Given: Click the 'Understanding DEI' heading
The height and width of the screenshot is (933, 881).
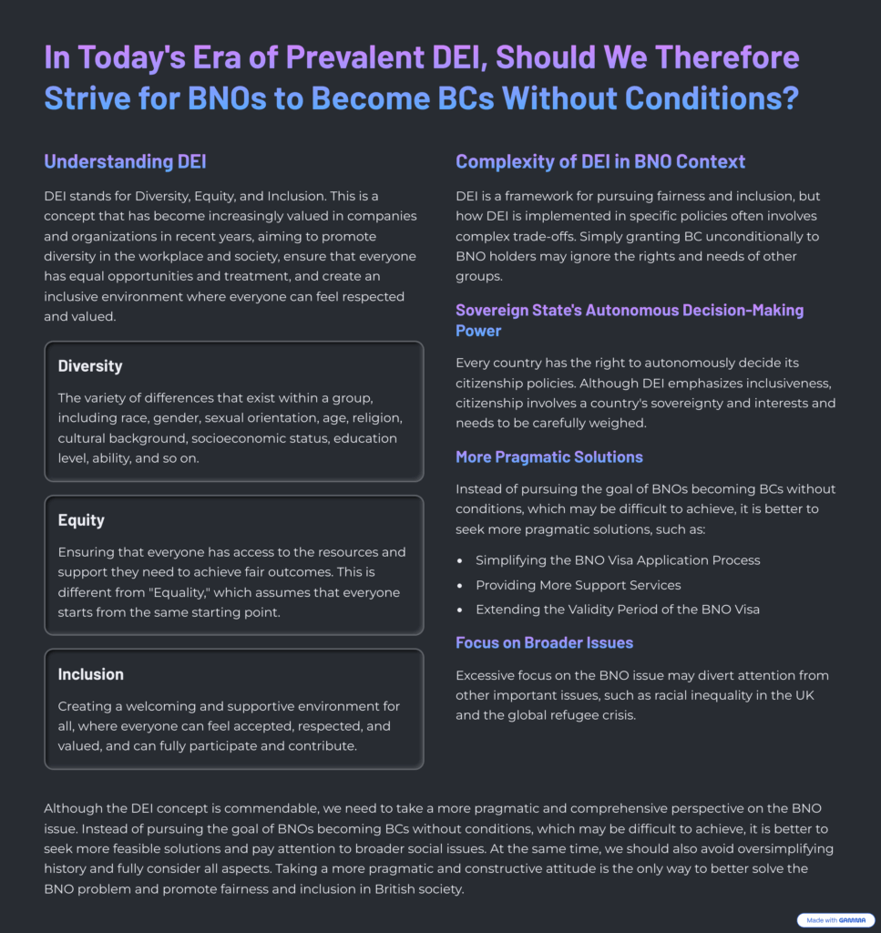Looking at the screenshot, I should pyautogui.click(x=125, y=162).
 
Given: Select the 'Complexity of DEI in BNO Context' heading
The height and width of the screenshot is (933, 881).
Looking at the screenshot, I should pyautogui.click(x=600, y=162).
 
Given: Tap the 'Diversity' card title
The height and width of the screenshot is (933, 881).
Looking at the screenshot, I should pyautogui.click(x=90, y=366).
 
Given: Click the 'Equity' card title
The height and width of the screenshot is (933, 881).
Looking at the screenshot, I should pyautogui.click(x=81, y=520).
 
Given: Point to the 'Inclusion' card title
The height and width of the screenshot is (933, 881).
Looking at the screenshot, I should pyautogui.click(x=91, y=674).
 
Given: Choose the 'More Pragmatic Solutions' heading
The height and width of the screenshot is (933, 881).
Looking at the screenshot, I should pyautogui.click(x=549, y=456).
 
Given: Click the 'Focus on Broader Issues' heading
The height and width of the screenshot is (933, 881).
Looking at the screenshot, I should pyautogui.click(x=544, y=642).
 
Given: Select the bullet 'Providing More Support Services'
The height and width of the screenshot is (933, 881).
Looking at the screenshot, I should pyautogui.click(x=578, y=585).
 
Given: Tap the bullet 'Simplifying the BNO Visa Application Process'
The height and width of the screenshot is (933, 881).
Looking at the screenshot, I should pyautogui.click(x=618, y=560).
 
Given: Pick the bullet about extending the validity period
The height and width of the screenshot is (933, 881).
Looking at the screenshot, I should pyautogui.click(x=617, y=610).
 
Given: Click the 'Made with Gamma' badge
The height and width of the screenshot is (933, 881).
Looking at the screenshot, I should pyautogui.click(x=835, y=920).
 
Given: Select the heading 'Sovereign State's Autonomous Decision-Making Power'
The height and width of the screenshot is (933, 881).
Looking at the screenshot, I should pyautogui.click(x=630, y=320).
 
